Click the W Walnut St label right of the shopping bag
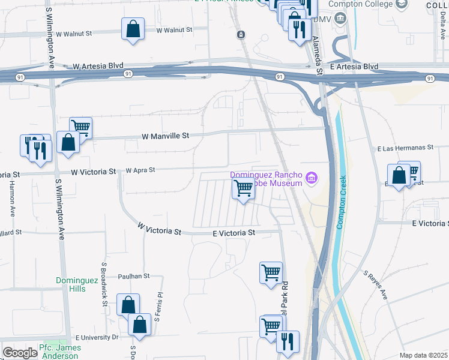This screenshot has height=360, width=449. [174, 29]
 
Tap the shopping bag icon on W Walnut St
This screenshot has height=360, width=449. [133, 28]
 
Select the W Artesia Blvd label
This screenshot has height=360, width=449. [97, 65]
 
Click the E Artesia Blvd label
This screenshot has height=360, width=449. [355, 66]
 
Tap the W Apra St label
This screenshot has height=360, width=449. [140, 170]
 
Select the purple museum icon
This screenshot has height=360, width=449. [311, 178]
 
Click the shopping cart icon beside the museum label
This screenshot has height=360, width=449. [243, 188]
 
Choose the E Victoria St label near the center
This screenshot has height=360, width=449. [234, 232]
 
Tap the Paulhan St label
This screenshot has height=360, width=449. [133, 276]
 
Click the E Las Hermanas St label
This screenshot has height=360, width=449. [405, 148]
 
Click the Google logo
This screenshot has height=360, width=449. [20, 353]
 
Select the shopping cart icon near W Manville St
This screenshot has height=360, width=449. [80, 127]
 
